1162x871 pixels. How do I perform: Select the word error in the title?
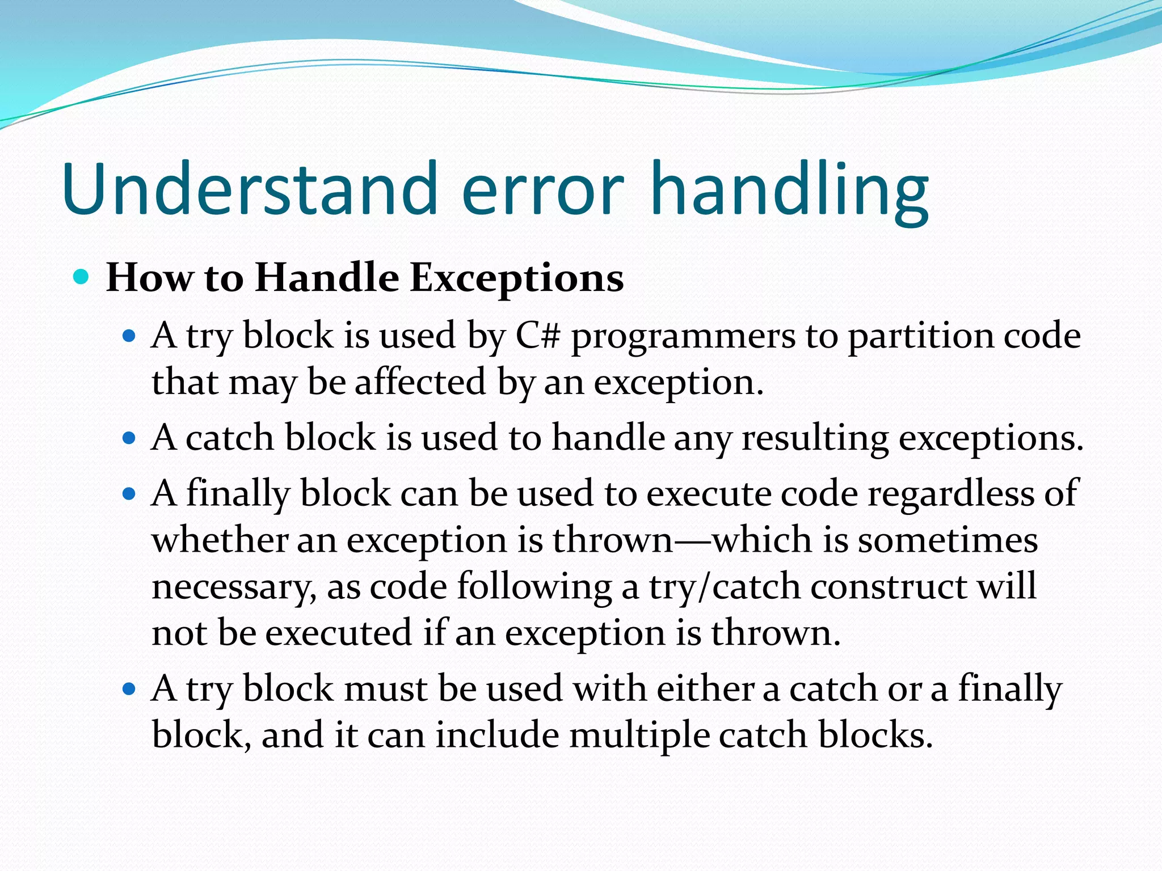point(543,190)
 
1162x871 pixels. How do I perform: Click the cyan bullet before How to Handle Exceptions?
point(82,277)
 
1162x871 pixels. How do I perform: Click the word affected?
point(420,382)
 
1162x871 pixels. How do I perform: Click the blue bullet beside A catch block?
point(129,438)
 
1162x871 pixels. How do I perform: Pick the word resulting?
point(815,439)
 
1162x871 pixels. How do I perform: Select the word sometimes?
point(948,539)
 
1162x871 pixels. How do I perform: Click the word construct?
point(887,586)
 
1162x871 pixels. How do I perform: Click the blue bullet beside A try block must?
point(129,689)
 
